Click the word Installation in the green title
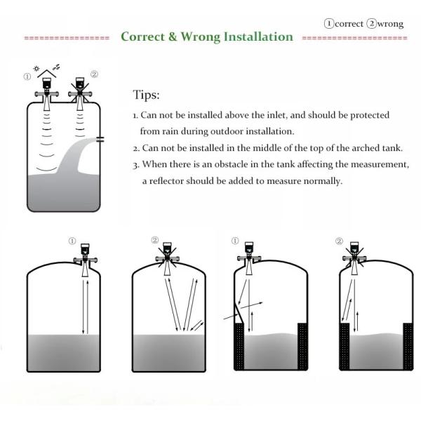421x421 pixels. (258, 36)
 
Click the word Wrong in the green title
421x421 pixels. (200, 36)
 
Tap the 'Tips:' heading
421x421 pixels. (147, 95)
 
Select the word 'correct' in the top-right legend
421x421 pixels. (349, 24)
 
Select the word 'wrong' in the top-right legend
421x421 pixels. (390, 24)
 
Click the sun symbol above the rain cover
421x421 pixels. (36, 69)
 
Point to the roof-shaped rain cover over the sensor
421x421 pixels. (47, 74)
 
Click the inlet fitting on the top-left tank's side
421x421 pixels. (100, 139)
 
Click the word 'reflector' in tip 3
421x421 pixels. (166, 181)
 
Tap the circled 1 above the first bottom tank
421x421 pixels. (72, 241)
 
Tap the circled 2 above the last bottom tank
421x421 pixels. (339, 241)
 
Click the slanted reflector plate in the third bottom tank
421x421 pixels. (239, 313)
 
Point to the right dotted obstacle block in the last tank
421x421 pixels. (408, 347)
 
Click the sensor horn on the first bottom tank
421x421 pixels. (86, 269)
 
